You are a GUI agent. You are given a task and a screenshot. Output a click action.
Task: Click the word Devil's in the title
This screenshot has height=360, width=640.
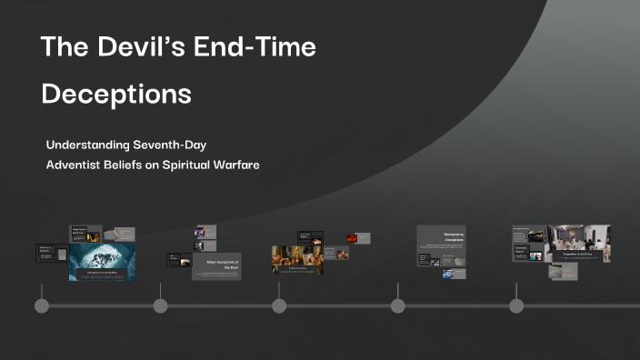tap(126, 47)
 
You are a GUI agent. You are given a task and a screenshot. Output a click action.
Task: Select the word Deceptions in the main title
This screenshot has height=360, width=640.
tap(116, 95)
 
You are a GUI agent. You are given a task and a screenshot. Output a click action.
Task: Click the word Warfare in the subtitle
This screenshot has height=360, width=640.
tap(233, 165)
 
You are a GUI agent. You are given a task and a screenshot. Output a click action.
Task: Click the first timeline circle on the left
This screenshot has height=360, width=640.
tap(41, 305)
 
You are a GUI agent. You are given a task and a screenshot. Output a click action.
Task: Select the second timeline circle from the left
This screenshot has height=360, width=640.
tap(160, 305)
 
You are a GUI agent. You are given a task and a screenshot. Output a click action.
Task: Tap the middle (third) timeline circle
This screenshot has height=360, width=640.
tap(279, 305)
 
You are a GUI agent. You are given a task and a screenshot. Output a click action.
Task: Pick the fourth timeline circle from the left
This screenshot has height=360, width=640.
tap(397, 305)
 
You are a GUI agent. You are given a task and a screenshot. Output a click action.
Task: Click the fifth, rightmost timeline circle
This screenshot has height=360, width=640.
tap(516, 305)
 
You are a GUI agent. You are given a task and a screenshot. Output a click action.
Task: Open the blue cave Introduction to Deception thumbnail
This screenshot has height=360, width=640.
tap(102, 262)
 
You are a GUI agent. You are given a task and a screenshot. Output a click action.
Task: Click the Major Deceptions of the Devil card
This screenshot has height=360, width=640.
tap(217, 265)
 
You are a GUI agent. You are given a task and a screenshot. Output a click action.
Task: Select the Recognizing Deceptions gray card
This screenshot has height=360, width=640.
tap(440, 241)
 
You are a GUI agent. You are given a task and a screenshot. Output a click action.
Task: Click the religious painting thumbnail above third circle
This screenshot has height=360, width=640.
tap(296, 260)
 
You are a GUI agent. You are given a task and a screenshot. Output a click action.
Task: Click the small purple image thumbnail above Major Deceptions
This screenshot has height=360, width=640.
tap(199, 233)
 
